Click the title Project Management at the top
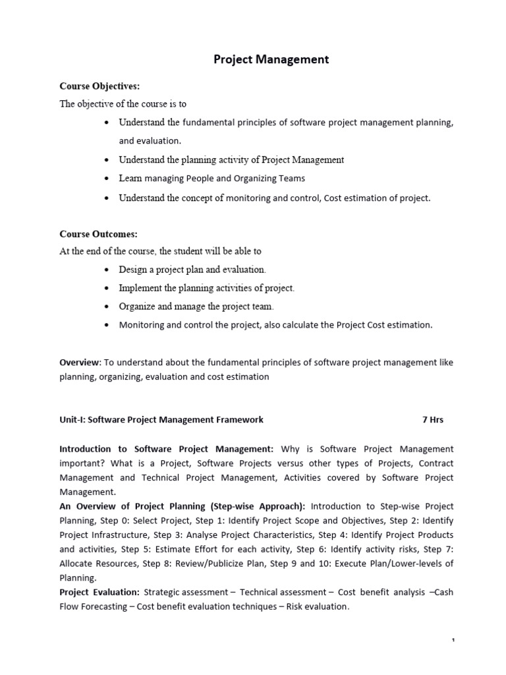tap(271, 60)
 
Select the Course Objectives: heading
tap(99, 86)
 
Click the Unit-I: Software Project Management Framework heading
tap(161, 419)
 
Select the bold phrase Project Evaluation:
tap(99, 592)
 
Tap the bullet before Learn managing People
tap(107, 179)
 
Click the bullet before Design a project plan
tap(107, 270)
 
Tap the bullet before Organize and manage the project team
tap(107, 307)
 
